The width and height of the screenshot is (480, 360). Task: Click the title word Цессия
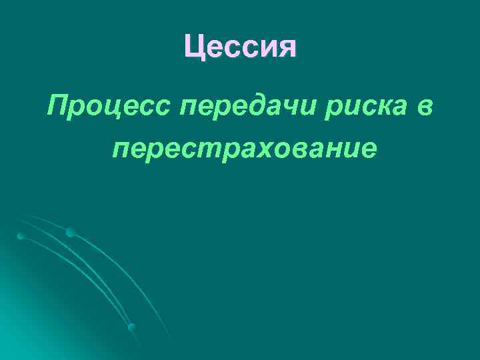point(240,46)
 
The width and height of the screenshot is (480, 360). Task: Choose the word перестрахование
point(244,149)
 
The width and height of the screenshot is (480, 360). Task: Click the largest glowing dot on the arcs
point(70,232)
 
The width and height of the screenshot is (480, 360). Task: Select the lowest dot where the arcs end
point(132,327)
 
